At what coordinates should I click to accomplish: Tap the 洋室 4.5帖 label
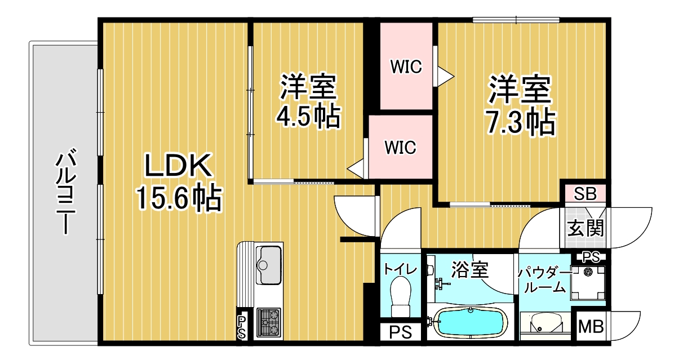point(308,101)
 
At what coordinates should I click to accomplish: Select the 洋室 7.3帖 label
point(520,106)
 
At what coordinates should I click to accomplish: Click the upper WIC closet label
point(406,67)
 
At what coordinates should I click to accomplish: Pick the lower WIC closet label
point(400,148)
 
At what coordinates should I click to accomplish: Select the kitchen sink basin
point(269,265)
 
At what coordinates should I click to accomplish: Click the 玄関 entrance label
point(585,228)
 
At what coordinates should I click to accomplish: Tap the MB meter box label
point(591,326)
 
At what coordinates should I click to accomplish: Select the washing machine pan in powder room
point(588,283)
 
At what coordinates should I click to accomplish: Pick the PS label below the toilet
point(401,331)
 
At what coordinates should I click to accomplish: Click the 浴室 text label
point(469,270)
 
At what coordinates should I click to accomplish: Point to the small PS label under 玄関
point(590,257)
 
